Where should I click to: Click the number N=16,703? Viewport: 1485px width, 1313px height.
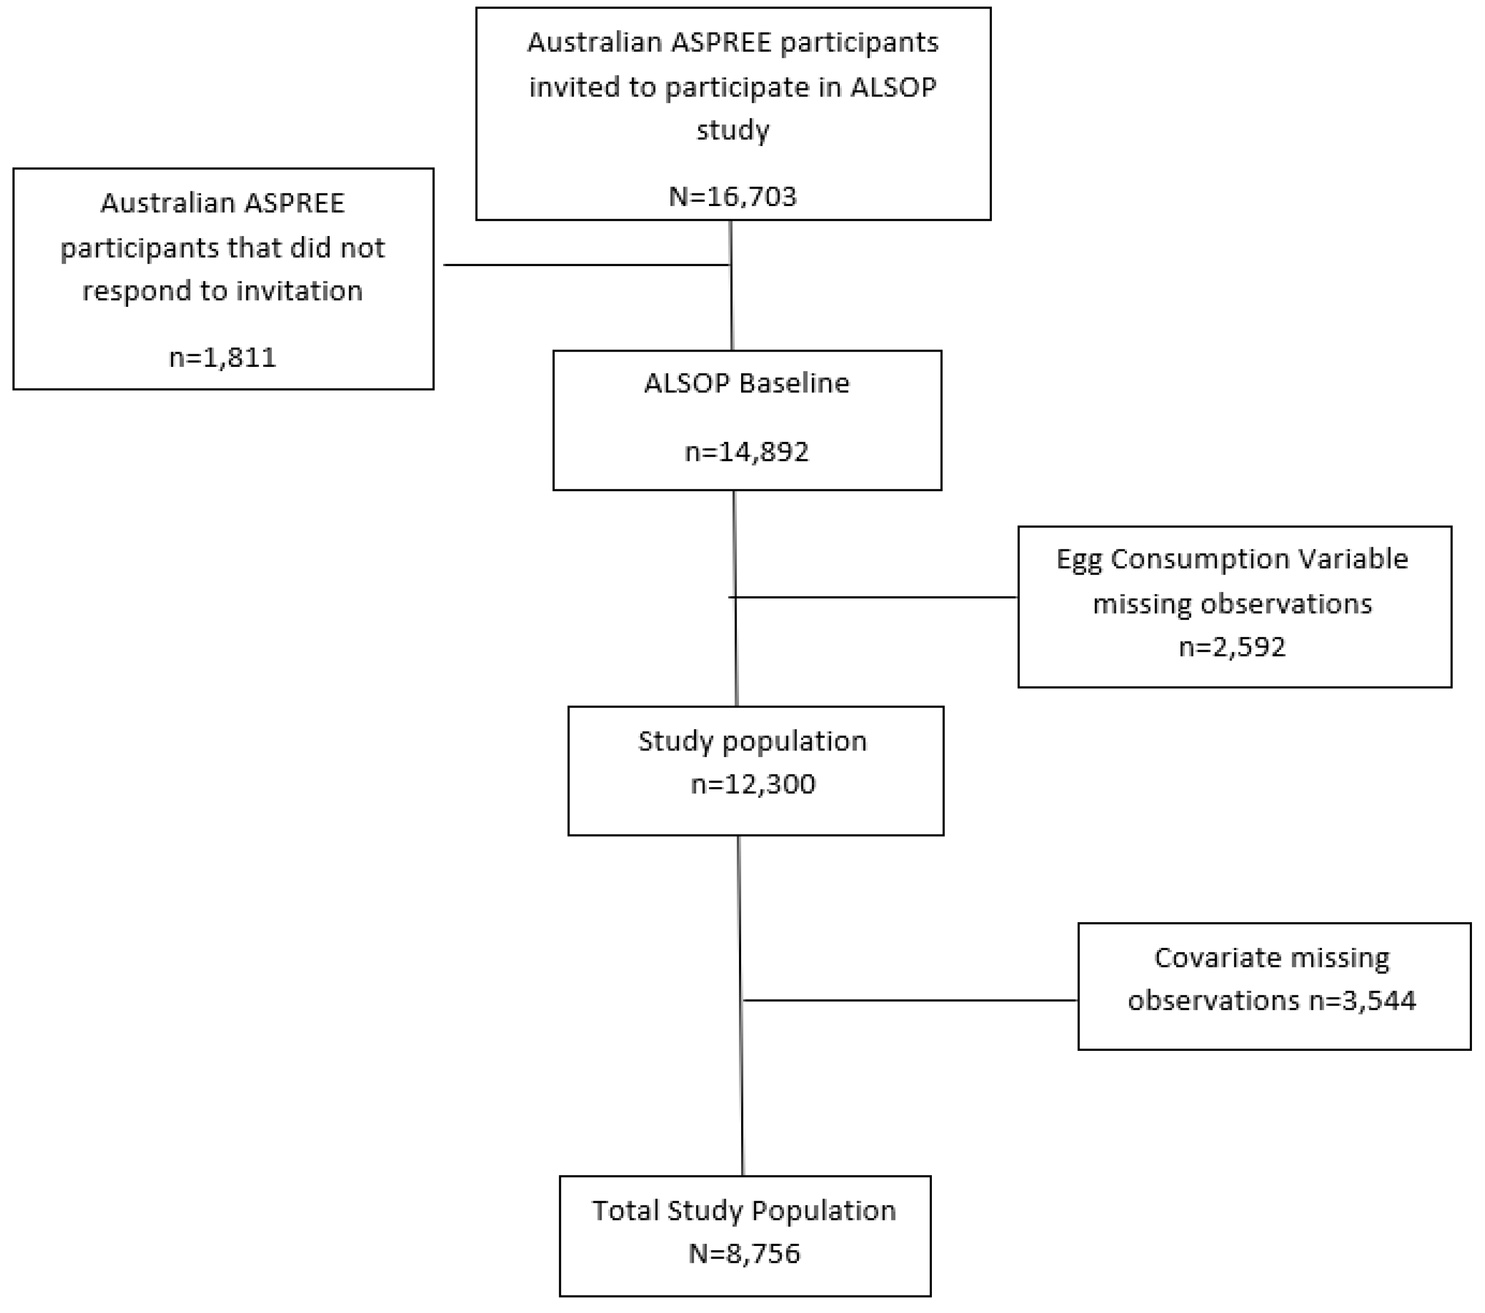point(732,197)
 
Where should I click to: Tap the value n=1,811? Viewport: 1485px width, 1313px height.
point(222,358)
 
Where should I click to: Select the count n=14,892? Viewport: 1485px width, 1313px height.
point(746,452)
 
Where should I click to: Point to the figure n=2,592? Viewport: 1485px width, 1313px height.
point(1232,647)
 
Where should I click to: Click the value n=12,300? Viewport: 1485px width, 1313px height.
point(753,784)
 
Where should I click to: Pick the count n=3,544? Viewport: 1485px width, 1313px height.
point(1362,1001)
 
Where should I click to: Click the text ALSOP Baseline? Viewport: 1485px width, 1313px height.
point(746,383)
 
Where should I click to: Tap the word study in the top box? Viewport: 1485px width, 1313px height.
point(732,131)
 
